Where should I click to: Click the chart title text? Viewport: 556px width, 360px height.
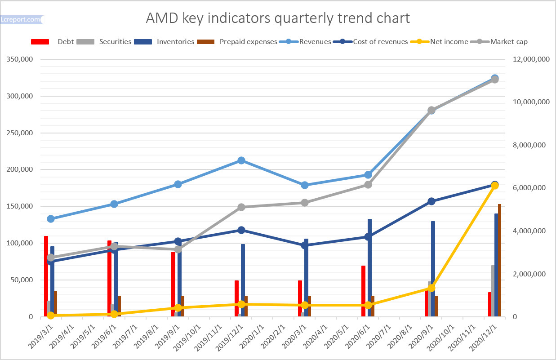[x=278, y=18]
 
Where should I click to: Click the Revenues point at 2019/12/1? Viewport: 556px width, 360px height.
[x=241, y=160]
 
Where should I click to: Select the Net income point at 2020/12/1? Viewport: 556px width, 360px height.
[x=495, y=186]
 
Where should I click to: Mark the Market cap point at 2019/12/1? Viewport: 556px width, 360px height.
[x=241, y=207]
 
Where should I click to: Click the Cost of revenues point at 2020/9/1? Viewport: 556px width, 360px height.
[x=431, y=201]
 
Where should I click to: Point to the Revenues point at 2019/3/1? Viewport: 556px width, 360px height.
[x=51, y=219]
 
